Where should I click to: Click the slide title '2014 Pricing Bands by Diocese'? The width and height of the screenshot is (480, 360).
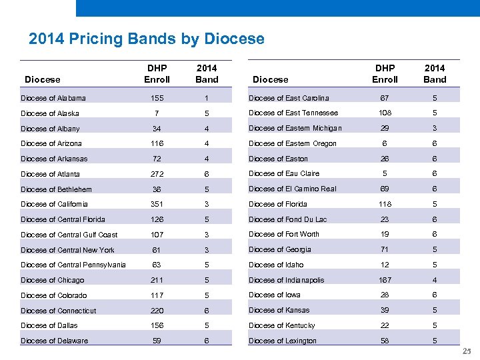(x=147, y=39)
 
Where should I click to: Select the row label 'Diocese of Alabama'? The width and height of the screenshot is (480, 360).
(x=53, y=98)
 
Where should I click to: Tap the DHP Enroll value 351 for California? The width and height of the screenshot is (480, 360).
(x=157, y=204)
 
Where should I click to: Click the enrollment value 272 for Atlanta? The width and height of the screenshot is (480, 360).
(x=157, y=174)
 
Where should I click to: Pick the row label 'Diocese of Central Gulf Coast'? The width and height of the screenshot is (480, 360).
(x=69, y=235)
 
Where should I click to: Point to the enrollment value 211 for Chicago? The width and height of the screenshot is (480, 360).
(x=157, y=280)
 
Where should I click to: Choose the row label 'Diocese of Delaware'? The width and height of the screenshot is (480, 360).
(x=54, y=341)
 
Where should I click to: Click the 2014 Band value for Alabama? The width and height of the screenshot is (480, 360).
(x=207, y=98)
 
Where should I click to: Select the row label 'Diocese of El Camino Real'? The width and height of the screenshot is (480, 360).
(x=292, y=189)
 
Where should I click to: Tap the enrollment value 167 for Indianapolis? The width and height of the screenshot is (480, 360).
(x=385, y=280)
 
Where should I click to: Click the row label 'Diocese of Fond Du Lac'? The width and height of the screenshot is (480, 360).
(x=287, y=219)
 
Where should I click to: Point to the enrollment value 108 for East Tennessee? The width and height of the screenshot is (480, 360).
(x=385, y=113)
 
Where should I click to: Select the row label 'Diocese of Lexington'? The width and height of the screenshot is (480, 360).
(x=283, y=341)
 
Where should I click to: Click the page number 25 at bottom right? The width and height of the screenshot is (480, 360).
(x=467, y=352)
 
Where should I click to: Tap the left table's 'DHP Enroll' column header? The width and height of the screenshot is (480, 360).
(x=157, y=73)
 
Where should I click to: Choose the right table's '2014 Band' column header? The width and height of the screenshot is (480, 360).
(x=435, y=73)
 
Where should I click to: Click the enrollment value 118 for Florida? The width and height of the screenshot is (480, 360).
(x=385, y=204)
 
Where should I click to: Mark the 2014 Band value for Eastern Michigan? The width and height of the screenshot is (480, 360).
(x=435, y=128)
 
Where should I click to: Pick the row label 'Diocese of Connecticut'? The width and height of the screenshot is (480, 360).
(x=59, y=311)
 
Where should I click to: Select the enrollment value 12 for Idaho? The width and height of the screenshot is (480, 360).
(x=385, y=265)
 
